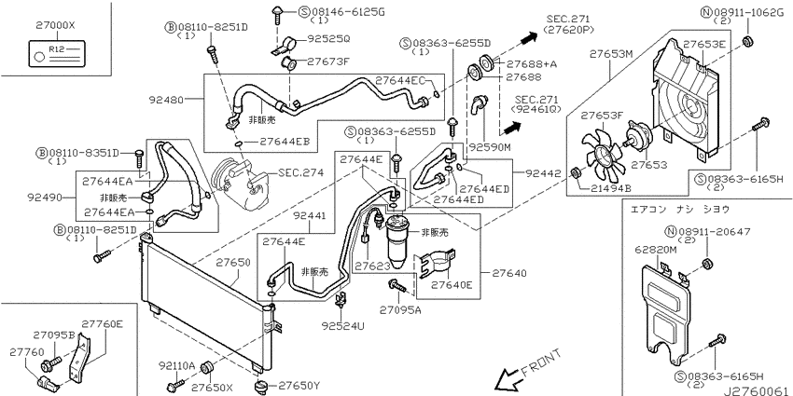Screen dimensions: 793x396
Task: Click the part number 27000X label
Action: [x=55, y=24]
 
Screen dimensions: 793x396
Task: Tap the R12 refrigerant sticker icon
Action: [x=55, y=53]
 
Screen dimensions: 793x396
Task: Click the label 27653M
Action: [x=612, y=54]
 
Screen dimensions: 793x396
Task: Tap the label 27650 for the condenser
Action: [x=233, y=263]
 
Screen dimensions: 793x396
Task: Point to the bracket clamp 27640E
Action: [x=435, y=263]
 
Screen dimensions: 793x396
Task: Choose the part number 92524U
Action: [x=343, y=326]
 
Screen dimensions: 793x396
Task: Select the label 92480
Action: [x=166, y=100]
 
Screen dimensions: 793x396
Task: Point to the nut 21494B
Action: [x=575, y=173]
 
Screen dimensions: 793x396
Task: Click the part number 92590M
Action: [x=490, y=148]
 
